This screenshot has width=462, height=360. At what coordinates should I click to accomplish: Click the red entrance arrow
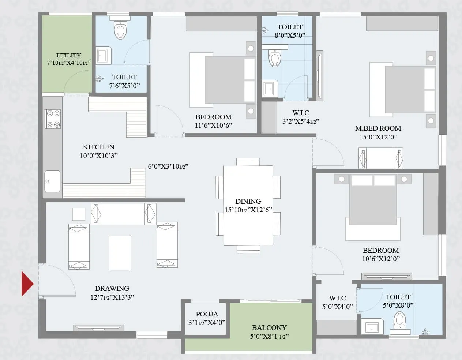tap(27, 284)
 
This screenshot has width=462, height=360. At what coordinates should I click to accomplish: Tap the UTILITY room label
tap(68, 55)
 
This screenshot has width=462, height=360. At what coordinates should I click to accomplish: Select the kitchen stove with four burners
tap(53, 119)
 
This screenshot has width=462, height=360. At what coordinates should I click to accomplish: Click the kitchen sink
tap(52, 181)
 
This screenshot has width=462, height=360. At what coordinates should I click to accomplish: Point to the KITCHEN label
tap(98, 147)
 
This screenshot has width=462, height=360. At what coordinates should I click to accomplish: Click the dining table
tap(248, 205)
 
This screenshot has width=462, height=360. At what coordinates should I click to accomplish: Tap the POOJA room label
tap(207, 314)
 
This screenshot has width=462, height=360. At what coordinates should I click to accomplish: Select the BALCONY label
tap(269, 327)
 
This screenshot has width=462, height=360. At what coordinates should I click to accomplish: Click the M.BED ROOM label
tap(378, 128)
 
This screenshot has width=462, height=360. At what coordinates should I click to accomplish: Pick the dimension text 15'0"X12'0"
tap(378, 137)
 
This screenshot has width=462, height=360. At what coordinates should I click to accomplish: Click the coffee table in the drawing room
tap(120, 252)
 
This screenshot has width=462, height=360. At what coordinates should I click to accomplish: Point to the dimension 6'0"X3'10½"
tap(168, 166)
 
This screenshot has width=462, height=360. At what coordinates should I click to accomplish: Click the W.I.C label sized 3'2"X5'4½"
tap(301, 113)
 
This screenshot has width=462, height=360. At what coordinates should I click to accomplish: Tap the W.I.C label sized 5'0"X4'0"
tap(337, 298)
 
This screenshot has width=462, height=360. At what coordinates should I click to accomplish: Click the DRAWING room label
tap(112, 288)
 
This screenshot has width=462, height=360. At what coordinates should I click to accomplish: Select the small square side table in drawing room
tap(79, 214)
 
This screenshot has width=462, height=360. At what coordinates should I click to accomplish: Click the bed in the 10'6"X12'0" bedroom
tap(373, 207)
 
